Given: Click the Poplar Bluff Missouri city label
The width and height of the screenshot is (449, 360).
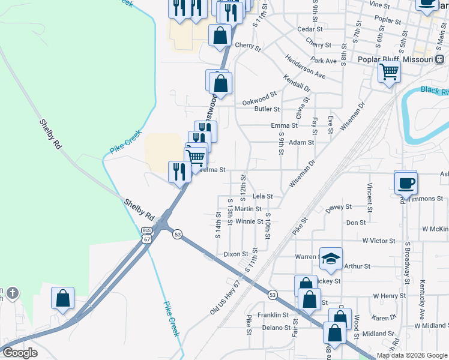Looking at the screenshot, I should [395, 60].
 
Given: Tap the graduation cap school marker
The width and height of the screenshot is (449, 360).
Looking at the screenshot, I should [331, 259].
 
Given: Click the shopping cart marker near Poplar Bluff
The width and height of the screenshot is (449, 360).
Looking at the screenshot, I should [390, 73].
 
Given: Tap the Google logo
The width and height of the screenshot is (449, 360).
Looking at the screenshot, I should [20, 353].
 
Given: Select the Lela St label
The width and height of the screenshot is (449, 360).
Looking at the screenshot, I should [262, 196].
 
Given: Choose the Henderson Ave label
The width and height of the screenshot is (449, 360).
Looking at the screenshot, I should [306, 70].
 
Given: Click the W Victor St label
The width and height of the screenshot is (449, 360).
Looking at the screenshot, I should [378, 241].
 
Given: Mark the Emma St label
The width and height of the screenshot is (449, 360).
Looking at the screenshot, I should [284, 125].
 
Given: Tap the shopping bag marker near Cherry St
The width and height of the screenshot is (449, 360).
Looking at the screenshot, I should [220, 36].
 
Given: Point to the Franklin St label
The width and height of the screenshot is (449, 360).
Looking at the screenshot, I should [274, 315].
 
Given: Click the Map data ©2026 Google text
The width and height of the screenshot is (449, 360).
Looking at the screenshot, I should [412, 355].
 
